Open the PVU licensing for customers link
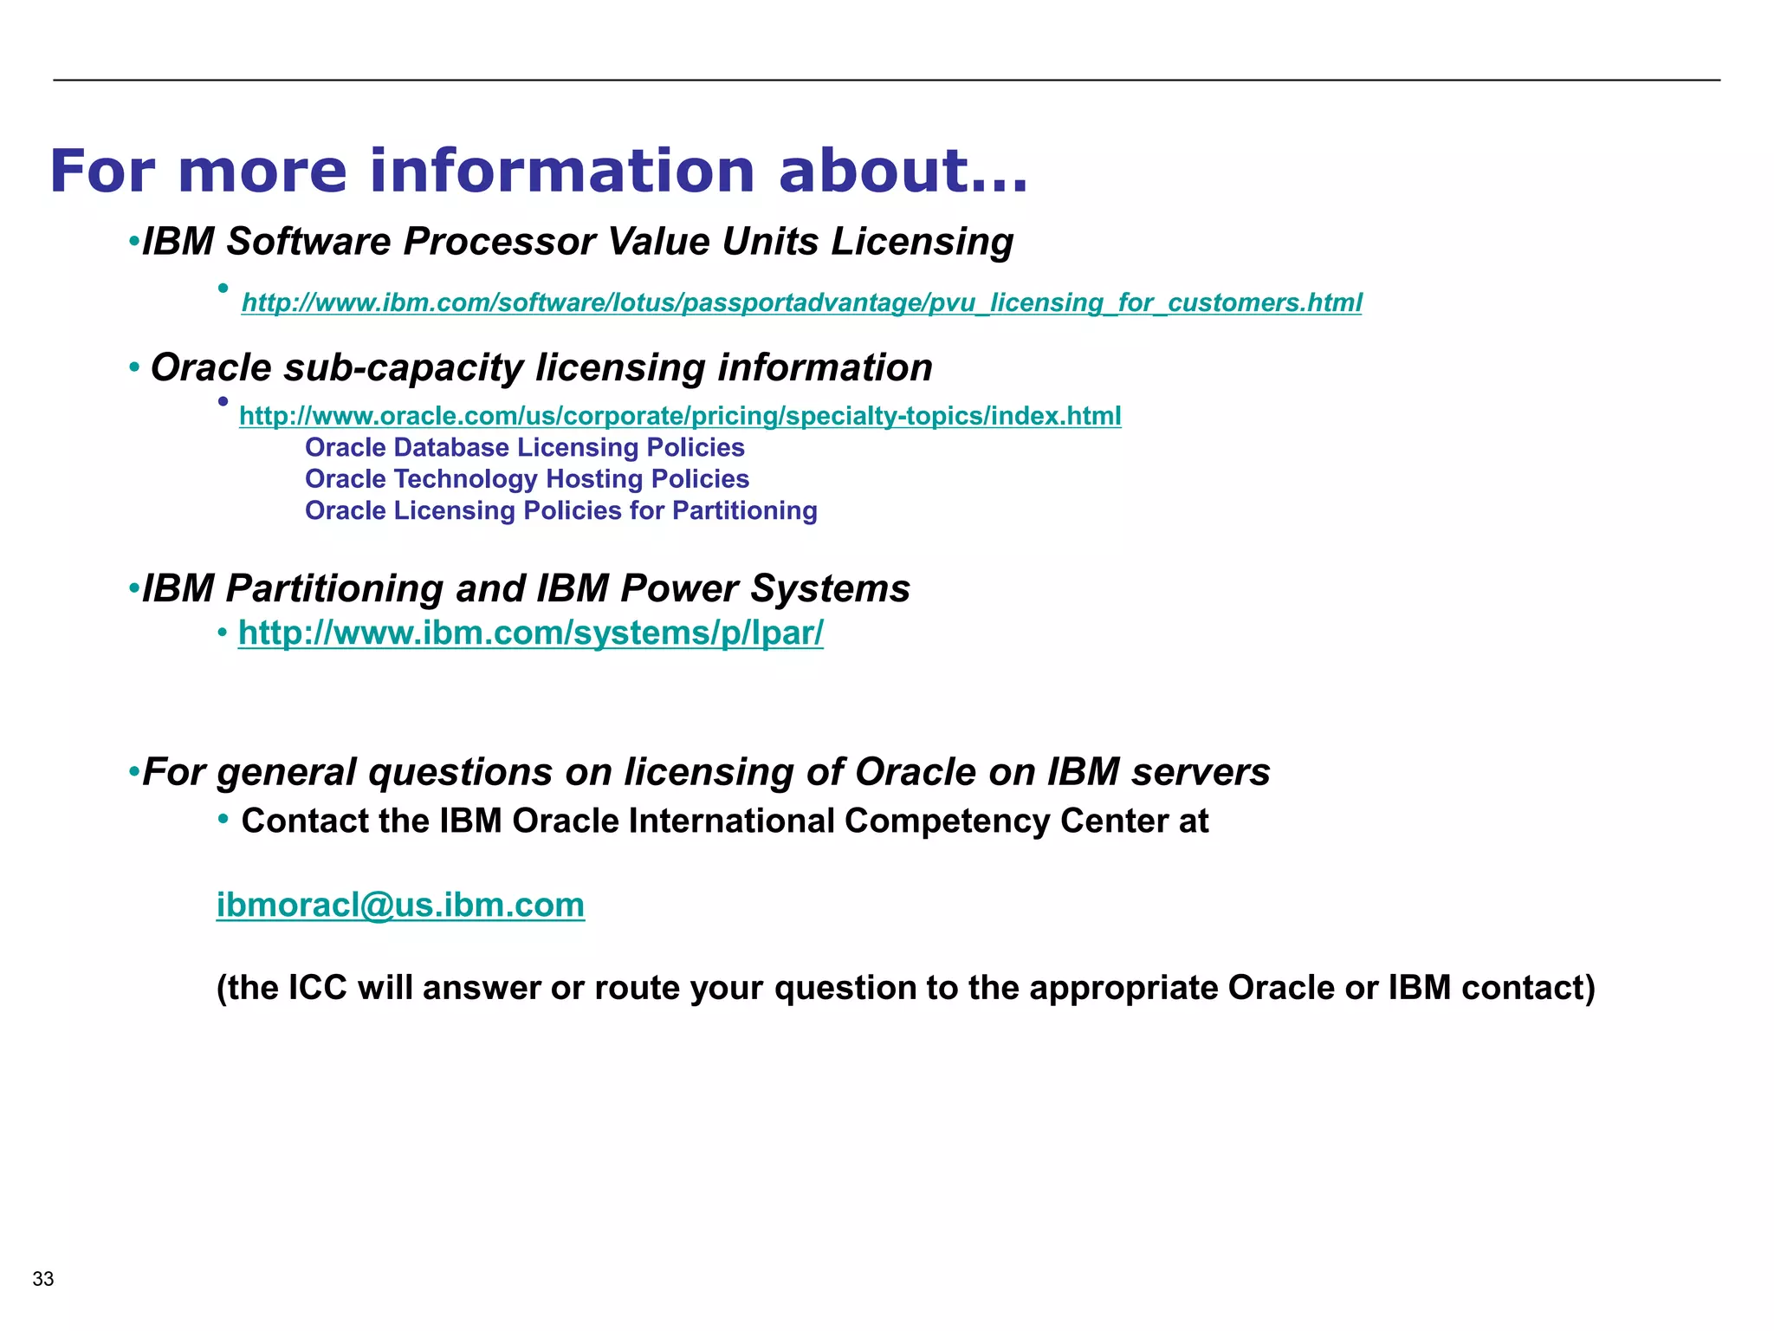801,302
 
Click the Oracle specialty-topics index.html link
680,416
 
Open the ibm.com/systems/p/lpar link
530,633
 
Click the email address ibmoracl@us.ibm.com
400,906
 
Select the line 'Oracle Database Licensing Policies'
524,448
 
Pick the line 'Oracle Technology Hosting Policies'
527,479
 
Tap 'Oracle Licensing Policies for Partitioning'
560,511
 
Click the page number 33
43,1279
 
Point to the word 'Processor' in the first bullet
499,242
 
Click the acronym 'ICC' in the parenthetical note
317,989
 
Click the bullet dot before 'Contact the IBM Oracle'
223,818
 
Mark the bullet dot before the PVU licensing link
223,289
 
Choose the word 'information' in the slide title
562,171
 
